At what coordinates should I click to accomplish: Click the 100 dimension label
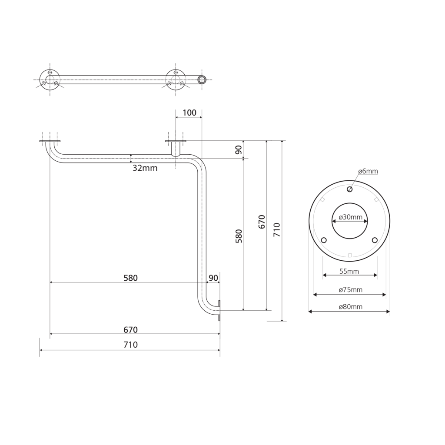(x=189, y=113)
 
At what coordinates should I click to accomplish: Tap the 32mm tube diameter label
(x=145, y=168)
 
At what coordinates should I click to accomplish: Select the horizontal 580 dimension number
(x=130, y=278)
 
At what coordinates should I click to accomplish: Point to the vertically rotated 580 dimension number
(x=239, y=236)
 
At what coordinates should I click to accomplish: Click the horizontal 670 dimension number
(x=130, y=330)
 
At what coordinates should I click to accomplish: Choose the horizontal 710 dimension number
(x=130, y=345)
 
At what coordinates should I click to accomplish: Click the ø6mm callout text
(x=368, y=172)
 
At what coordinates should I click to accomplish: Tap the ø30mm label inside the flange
(x=350, y=217)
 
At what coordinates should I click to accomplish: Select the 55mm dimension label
(x=349, y=272)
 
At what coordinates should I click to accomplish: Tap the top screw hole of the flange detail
(x=350, y=189)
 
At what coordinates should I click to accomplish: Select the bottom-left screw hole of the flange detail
(x=324, y=240)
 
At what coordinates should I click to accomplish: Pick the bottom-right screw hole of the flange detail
(x=375, y=240)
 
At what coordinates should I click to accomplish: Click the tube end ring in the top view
(x=201, y=80)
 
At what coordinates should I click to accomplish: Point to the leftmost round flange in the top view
(x=50, y=80)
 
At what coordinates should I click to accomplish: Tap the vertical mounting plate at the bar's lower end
(x=219, y=311)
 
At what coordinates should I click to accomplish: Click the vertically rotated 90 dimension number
(x=239, y=150)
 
